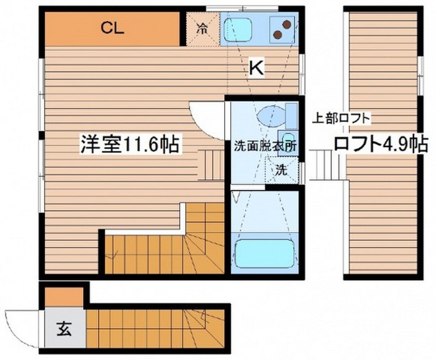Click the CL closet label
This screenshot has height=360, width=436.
(112, 28)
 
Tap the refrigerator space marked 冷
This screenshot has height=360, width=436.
(203, 29)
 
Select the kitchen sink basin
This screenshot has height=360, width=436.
(238, 29)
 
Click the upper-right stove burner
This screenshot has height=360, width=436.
(286, 25)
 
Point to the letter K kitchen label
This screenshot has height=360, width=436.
(256, 68)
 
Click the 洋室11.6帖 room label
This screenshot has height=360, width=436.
(129, 144)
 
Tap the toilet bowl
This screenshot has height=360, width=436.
(271, 115)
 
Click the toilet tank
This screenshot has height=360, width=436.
(292, 116)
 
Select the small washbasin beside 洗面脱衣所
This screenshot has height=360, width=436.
(287, 142)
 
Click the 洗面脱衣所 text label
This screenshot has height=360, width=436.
(265, 147)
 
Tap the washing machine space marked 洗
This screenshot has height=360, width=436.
(281, 170)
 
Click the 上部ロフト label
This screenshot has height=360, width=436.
(342, 119)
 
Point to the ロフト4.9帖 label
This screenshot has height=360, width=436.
(381, 144)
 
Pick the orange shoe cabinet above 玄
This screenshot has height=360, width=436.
(64, 297)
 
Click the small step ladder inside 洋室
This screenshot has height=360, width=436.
(211, 165)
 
